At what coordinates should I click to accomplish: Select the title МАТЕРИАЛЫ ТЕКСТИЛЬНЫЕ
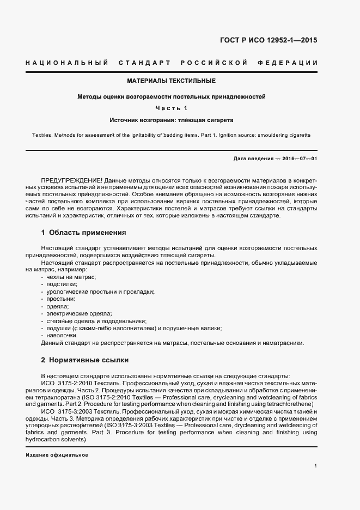(x=172, y=81)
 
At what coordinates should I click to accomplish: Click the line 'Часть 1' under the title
(x=172, y=108)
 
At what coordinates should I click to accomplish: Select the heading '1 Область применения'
(x=83, y=233)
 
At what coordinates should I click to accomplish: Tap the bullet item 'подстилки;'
(x=62, y=284)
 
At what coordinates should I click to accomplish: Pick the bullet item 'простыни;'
(x=60, y=299)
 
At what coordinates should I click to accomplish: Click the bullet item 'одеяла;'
(x=57, y=306)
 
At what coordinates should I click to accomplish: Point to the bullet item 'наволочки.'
(x=62, y=336)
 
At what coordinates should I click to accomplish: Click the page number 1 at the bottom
(x=316, y=466)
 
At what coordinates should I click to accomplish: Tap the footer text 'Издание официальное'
(x=57, y=454)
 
